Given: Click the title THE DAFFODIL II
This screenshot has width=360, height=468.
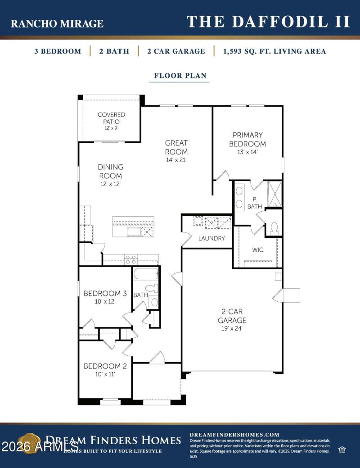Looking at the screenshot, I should point(268,22).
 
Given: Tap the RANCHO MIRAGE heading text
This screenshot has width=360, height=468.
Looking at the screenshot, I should point(57,24).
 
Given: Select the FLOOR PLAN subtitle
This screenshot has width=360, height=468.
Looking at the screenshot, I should point(180,76).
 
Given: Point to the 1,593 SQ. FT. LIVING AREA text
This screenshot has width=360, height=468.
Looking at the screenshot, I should point(274,51).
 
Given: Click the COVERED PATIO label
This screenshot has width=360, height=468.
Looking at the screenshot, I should point(111,118).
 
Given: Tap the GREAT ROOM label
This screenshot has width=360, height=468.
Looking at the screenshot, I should point(176,147).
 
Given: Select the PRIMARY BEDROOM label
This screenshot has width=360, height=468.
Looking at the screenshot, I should point(247,139).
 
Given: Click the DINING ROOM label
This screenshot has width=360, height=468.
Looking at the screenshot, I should point(111,172).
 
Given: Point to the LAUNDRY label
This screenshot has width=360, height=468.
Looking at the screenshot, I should point(211,238).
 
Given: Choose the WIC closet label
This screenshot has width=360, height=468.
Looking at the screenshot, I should point(258,250).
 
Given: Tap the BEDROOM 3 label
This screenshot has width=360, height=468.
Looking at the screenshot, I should point(105,294).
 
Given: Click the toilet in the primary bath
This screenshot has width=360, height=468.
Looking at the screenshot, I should point(274,228).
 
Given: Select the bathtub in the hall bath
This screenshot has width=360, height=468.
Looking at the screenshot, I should point(145,273).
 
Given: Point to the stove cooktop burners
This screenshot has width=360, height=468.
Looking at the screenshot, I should point(130,259).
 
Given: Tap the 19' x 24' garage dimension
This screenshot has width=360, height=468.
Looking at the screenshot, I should point(232,329).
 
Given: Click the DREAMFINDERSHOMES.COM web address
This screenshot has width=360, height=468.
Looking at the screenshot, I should point(234,435).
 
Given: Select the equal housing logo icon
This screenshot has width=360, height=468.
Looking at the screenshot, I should point(342,450).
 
